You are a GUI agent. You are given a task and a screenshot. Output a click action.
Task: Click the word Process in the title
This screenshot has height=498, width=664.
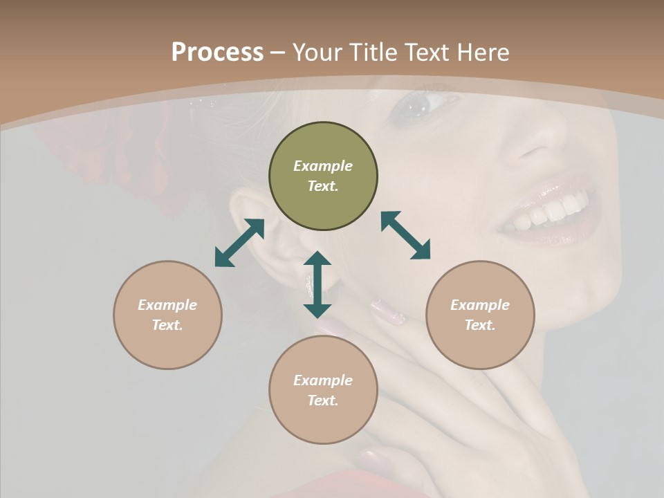[x=217, y=53]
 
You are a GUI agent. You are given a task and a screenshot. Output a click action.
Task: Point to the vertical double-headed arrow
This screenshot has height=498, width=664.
[x=317, y=284]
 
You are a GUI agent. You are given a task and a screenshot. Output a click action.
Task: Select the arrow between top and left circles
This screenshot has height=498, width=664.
[x=239, y=243]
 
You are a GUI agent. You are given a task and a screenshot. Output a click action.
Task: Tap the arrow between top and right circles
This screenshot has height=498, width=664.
[x=405, y=235]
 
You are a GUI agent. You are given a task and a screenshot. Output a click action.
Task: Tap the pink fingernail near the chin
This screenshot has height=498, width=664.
[x=387, y=311]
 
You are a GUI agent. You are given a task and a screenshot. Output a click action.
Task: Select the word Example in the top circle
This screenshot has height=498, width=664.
[x=323, y=166]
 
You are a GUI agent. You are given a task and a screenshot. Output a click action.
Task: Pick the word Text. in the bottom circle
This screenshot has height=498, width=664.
[x=323, y=400]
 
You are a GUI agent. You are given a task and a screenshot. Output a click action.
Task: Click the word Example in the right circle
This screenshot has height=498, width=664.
[x=480, y=305]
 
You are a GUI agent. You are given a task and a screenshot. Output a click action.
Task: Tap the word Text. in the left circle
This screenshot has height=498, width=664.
[x=167, y=325]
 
